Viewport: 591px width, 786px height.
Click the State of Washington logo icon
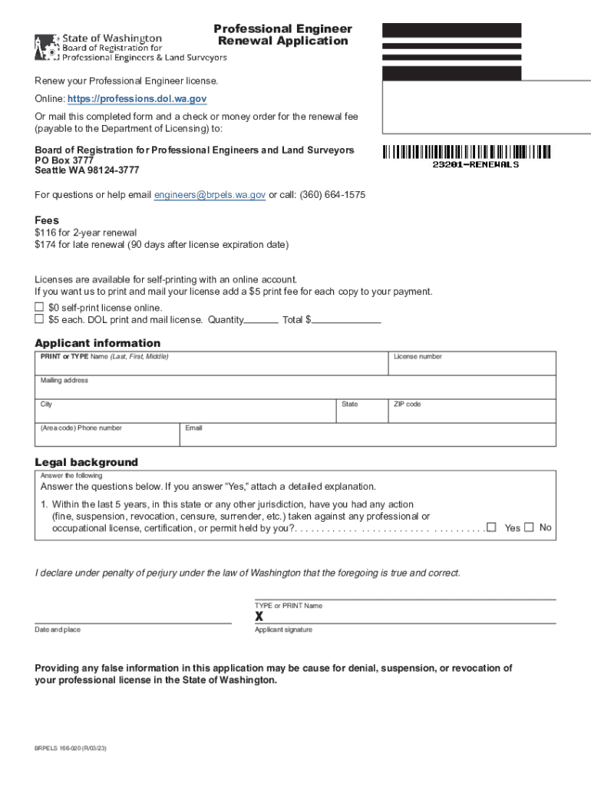[45, 48]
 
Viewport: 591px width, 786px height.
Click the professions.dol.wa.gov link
[137, 99]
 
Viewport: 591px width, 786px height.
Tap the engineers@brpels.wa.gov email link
[210, 195]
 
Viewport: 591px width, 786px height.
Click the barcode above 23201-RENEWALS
[467, 152]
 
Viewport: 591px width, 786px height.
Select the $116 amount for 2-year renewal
[45, 233]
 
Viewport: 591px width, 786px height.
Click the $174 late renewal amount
[45, 245]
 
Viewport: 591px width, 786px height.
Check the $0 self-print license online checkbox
[39, 307]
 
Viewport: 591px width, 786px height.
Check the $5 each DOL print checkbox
[39, 319]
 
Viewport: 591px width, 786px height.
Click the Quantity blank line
[261, 321]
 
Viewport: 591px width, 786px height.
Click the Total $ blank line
[346, 321]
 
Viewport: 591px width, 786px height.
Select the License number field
[471, 366]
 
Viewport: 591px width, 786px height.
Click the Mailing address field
[295, 390]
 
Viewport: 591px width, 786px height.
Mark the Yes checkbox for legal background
[491, 527]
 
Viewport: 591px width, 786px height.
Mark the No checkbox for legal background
[529, 527]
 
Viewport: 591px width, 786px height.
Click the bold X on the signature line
[259, 616]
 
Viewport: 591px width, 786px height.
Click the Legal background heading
[86, 462]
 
